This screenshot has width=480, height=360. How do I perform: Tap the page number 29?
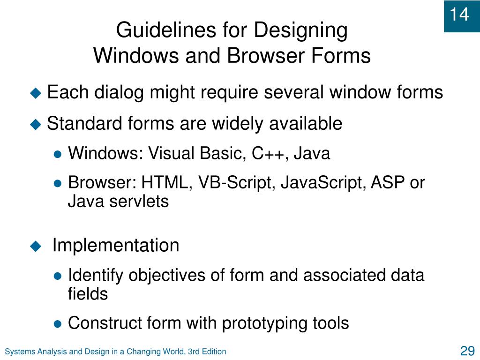pyautogui.click(x=467, y=351)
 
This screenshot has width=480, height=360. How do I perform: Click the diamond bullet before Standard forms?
pyautogui.click(x=36, y=124)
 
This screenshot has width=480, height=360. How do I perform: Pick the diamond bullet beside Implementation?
pyautogui.click(x=36, y=246)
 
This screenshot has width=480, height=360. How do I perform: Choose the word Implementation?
pyautogui.click(x=115, y=245)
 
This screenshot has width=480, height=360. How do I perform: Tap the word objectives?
pyautogui.click(x=168, y=275)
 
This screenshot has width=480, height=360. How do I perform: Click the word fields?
pyautogui.click(x=88, y=294)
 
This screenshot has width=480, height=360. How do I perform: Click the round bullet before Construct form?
pyautogui.click(x=58, y=323)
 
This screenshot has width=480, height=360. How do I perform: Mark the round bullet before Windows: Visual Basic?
pyautogui.click(x=58, y=154)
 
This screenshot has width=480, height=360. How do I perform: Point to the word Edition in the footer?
pyautogui.click(x=214, y=352)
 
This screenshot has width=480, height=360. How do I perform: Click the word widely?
pyautogui.click(x=238, y=124)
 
